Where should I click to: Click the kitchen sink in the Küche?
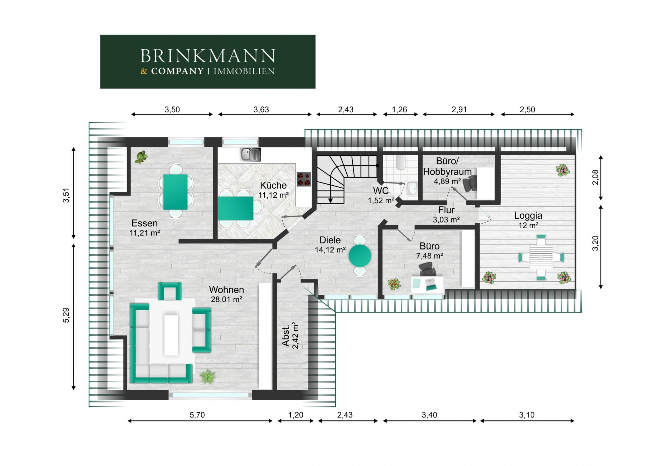click(x=250, y=155)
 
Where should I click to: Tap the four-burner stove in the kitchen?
click(x=304, y=179)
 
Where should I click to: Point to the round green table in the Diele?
click(x=360, y=256)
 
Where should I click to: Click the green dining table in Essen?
click(x=175, y=192)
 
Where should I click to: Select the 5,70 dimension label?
click(x=197, y=415)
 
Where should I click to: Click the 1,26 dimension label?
click(x=400, y=109)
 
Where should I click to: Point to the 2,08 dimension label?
click(x=595, y=177)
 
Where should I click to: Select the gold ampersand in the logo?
click(x=144, y=71)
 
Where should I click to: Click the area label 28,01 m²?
click(x=226, y=300)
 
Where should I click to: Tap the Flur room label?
click(x=446, y=210)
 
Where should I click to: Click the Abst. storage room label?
click(x=285, y=336)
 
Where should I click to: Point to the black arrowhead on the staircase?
click(x=330, y=200)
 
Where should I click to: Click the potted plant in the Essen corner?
click(x=141, y=157)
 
